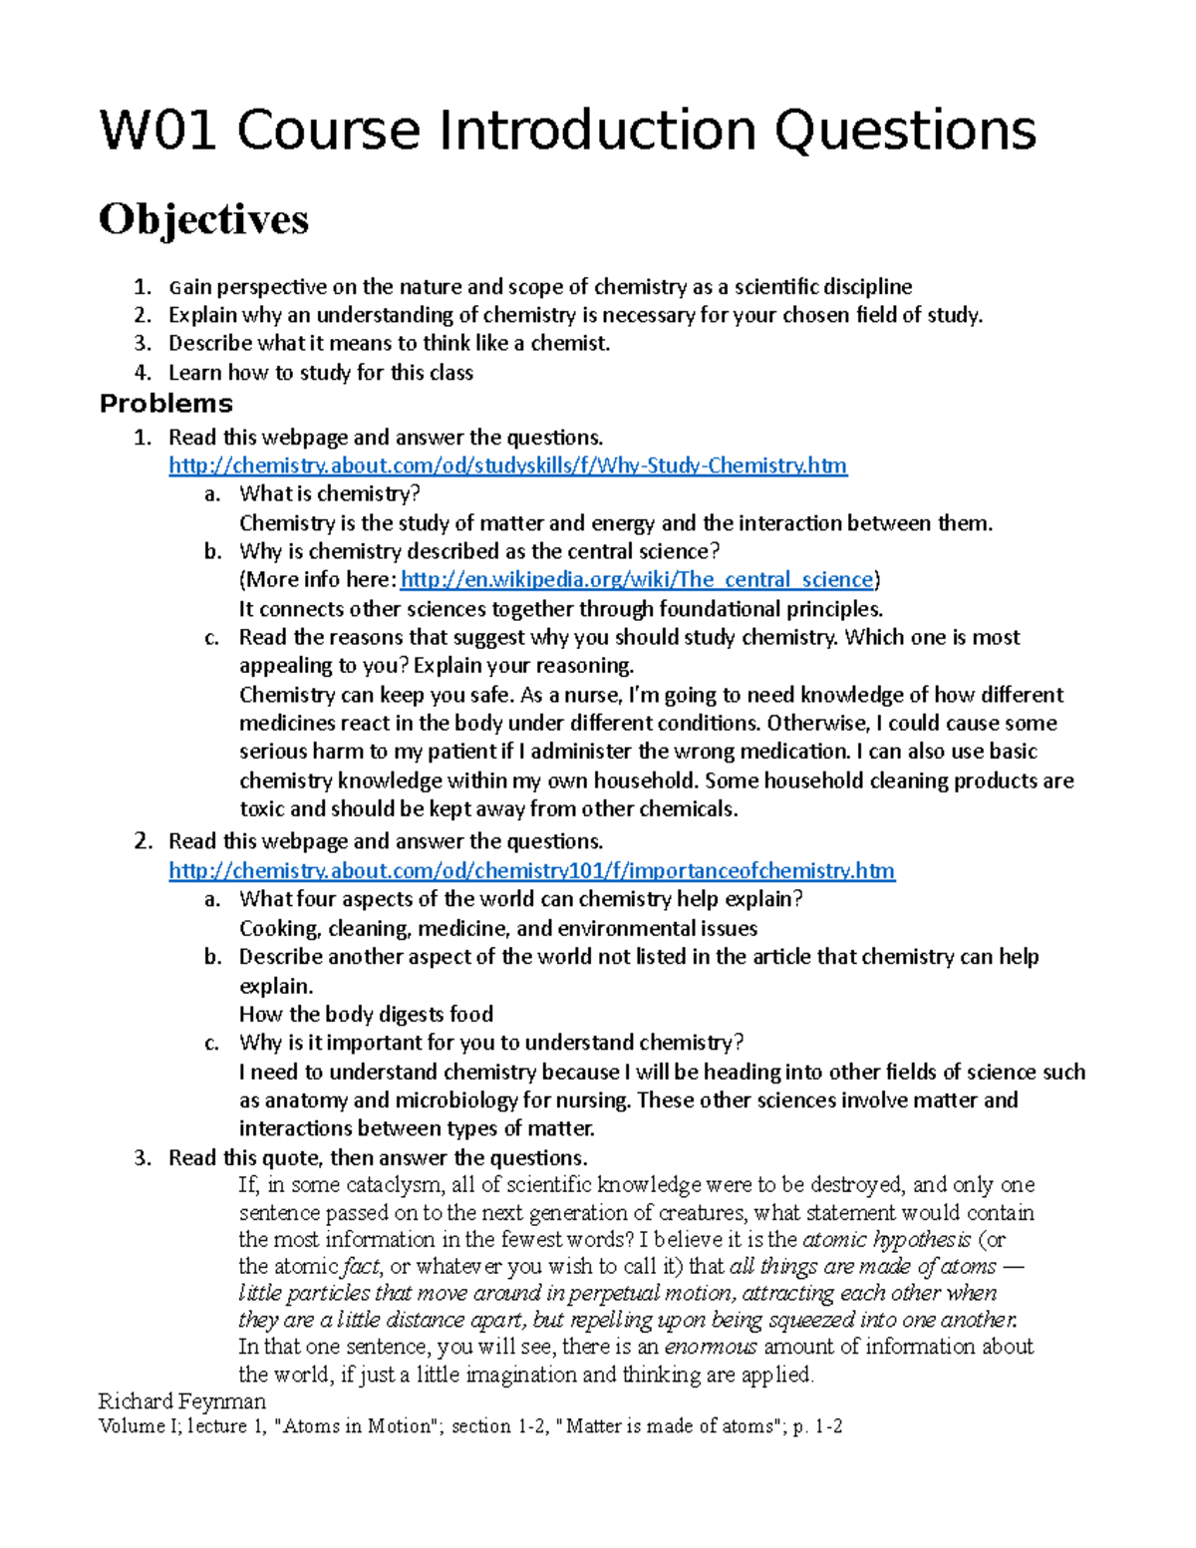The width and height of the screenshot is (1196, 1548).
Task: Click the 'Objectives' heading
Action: click(x=203, y=219)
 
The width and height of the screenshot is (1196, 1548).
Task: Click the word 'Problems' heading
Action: click(x=165, y=404)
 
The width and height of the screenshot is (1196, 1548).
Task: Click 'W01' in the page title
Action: click(x=157, y=132)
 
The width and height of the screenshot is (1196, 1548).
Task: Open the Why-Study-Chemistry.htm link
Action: click(x=507, y=465)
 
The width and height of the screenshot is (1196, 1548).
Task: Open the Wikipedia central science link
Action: click(x=636, y=580)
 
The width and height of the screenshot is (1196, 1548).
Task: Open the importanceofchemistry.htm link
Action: click(x=531, y=871)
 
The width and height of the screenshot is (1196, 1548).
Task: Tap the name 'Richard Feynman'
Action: click(x=182, y=1400)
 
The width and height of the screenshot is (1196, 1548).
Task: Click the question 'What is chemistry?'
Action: click(x=330, y=494)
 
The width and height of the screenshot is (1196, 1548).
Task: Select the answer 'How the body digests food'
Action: click(x=366, y=1015)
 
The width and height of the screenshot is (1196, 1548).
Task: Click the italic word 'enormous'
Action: click(x=711, y=1348)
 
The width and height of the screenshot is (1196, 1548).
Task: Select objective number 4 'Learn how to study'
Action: click(x=320, y=373)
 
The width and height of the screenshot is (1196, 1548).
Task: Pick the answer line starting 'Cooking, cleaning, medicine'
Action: click(x=497, y=929)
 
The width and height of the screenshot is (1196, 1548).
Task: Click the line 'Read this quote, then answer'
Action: click(x=378, y=1158)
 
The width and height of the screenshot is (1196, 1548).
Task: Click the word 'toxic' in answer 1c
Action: click(x=262, y=809)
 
